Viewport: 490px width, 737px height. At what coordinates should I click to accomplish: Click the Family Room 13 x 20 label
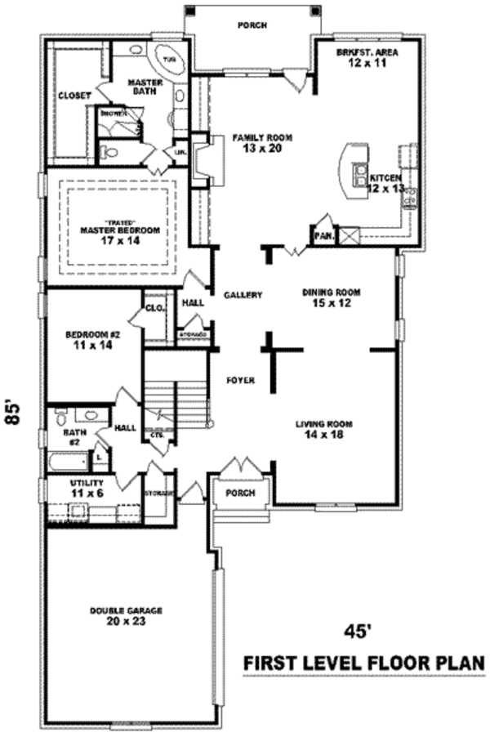tap(261, 142)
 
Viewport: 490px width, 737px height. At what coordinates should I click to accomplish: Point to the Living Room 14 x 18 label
tap(324, 429)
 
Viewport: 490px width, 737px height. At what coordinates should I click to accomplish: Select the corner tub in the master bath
tap(169, 60)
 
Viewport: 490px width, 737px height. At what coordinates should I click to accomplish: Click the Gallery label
tap(243, 295)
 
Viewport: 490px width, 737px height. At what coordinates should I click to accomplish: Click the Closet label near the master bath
tap(73, 96)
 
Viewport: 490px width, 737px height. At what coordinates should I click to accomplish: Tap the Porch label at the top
tap(252, 25)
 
